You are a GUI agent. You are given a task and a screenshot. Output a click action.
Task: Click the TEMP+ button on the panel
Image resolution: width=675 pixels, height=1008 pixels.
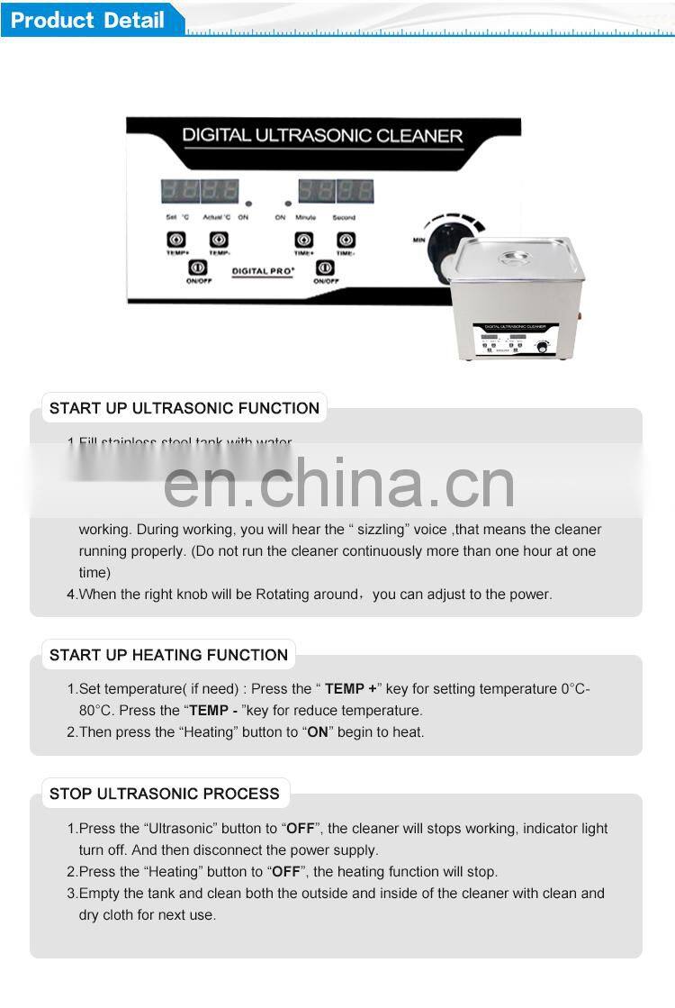[x=176, y=240]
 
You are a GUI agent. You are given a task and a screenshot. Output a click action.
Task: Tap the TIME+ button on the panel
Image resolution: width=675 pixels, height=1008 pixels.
[x=304, y=240]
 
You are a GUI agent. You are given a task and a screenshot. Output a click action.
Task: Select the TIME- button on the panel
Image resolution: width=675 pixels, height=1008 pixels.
[x=346, y=240]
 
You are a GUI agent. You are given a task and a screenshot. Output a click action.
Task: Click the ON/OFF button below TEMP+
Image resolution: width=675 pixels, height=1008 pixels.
[x=197, y=268]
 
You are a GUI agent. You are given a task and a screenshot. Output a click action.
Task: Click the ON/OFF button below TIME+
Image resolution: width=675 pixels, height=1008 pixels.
[x=325, y=268]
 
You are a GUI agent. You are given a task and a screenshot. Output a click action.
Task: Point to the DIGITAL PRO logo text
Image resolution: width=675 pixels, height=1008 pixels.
[x=262, y=270]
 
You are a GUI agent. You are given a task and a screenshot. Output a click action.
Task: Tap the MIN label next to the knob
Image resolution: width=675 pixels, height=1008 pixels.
[x=418, y=240]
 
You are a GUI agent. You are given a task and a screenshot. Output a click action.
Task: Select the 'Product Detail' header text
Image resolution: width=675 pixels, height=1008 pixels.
[x=88, y=20]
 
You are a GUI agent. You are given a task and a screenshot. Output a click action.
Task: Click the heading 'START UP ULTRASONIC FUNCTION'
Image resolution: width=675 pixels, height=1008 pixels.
[x=184, y=408]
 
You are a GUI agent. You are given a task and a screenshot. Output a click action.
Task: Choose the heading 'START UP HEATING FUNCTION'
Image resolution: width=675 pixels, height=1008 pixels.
[x=168, y=655]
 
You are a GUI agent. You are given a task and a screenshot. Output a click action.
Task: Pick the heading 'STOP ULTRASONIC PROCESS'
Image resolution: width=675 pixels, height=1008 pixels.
[x=164, y=794]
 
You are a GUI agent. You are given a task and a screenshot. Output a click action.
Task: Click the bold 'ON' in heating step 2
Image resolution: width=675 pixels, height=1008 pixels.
[x=318, y=732]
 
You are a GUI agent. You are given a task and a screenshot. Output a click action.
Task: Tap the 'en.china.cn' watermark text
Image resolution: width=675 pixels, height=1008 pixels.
[x=339, y=484]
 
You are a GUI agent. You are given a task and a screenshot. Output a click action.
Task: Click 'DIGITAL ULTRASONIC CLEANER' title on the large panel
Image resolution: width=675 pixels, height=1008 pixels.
[x=322, y=136]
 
